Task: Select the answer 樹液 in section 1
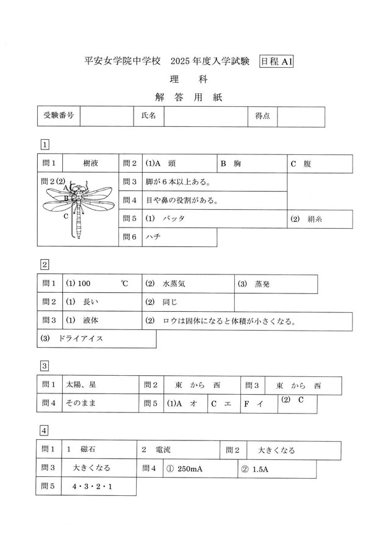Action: point(91,163)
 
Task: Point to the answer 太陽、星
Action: point(81,386)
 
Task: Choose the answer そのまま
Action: point(81,403)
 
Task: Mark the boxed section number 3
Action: point(45,366)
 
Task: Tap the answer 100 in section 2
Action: point(85,284)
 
